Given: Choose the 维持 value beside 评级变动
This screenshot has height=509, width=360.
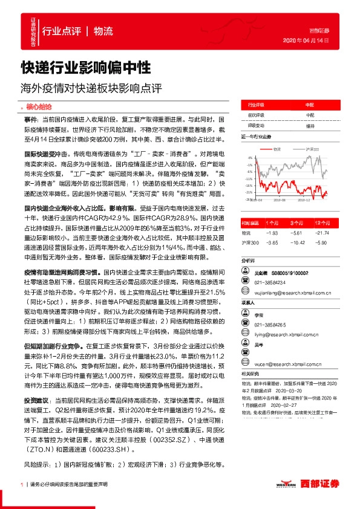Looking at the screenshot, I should click(310, 126).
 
